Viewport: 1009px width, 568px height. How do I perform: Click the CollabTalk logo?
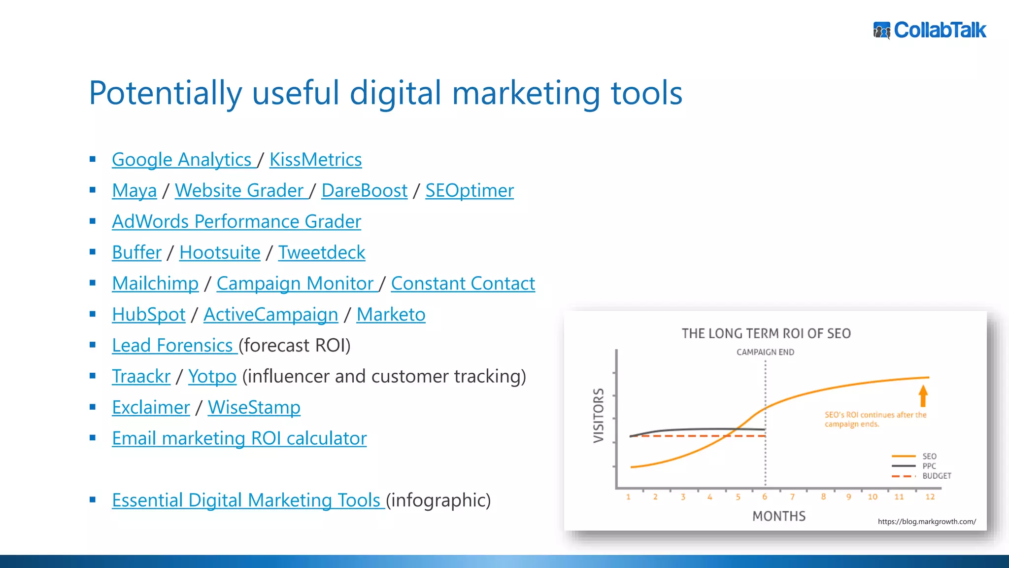[x=930, y=30]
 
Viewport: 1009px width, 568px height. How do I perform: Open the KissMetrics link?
[x=315, y=160]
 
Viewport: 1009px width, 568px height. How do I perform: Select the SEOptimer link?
[x=469, y=191]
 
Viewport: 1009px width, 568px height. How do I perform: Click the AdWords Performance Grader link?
[x=236, y=222]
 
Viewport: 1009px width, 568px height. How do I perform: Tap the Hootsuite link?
[x=220, y=253]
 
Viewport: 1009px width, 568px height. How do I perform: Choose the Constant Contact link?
[x=463, y=284]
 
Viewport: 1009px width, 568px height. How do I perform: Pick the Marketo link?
[x=391, y=315]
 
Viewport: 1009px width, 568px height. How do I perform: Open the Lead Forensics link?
[x=172, y=346]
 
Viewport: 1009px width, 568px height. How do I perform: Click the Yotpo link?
[x=212, y=377]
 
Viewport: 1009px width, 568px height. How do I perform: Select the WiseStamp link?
[x=254, y=408]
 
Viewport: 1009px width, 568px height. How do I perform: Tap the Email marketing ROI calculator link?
[x=239, y=438]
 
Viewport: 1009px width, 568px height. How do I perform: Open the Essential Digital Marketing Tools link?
[x=246, y=500]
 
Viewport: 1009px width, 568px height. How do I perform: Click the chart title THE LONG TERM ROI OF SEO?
[x=766, y=334]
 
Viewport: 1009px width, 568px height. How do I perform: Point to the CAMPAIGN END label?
[x=765, y=352]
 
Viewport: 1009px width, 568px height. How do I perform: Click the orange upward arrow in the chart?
[x=923, y=396]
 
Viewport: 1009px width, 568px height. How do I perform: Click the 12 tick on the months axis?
[x=930, y=497]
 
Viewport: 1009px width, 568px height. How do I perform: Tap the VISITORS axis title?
[x=599, y=415]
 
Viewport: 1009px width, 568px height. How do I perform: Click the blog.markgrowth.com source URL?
[x=926, y=522]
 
